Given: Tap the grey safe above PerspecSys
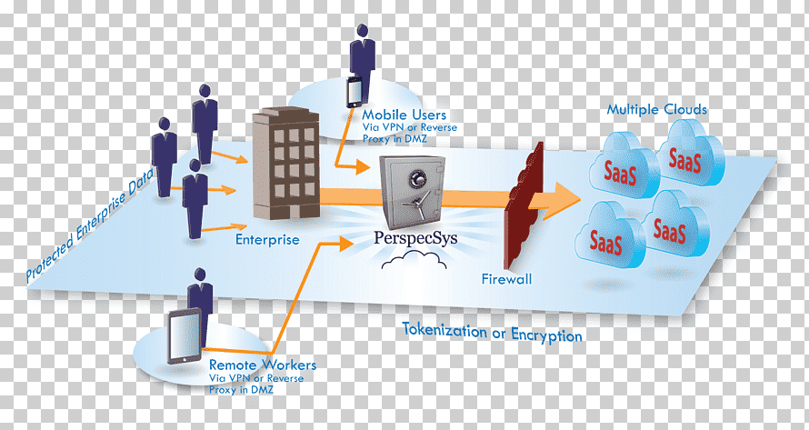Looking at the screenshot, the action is click(x=413, y=192).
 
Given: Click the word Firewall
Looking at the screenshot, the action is click(x=506, y=279).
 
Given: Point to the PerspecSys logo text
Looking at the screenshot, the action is click(x=414, y=239).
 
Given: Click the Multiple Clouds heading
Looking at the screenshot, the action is click(x=656, y=109).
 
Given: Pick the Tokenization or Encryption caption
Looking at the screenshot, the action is click(x=492, y=332).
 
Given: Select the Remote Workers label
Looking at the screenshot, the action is click(x=263, y=365).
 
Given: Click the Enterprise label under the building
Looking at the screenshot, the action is click(x=267, y=239).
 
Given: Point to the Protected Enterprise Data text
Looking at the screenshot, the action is click(x=89, y=225).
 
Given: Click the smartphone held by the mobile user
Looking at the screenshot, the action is click(x=354, y=92).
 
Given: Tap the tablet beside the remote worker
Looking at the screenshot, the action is click(x=185, y=336).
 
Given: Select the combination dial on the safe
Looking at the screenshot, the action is click(x=415, y=178).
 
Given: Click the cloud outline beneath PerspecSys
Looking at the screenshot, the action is click(x=414, y=260).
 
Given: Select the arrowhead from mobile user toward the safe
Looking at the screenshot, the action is click(x=363, y=167).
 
